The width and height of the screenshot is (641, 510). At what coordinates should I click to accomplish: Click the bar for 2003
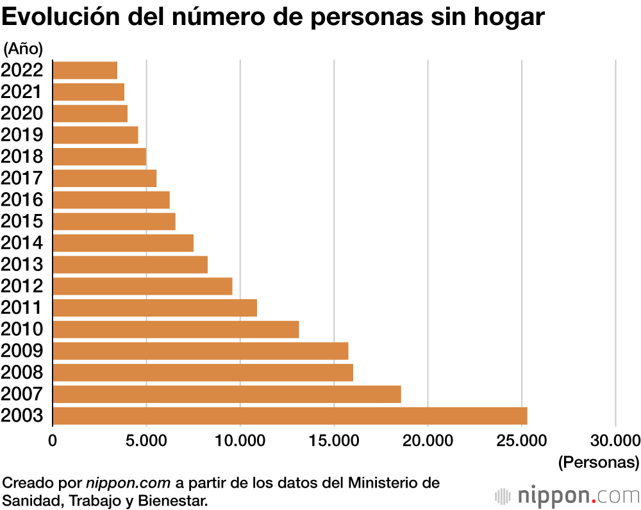coord(290,416)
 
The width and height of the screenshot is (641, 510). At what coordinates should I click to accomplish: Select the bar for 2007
coord(226,394)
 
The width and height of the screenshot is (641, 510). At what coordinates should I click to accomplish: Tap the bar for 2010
coord(176,329)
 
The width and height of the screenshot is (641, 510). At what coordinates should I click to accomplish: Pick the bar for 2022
coord(85,70)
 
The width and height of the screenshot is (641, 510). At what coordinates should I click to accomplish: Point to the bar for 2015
coord(113,221)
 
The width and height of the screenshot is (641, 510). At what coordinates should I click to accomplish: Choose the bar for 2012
coord(142,286)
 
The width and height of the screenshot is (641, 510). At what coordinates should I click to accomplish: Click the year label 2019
coord(22,135)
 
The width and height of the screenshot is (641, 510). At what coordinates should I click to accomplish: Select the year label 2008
coord(22,372)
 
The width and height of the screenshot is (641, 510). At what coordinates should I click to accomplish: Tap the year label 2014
coord(22,243)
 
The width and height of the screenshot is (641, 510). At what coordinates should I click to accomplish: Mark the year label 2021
coord(22,92)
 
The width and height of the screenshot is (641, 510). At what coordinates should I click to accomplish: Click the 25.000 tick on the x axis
coord(521,441)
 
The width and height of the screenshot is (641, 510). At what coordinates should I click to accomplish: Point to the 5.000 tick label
coord(146,441)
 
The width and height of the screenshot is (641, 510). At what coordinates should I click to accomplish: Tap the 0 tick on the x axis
coord(53,441)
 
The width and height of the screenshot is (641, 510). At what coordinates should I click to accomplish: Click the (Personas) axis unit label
coord(599,461)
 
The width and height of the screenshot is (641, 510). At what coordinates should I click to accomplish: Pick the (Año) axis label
coord(24,48)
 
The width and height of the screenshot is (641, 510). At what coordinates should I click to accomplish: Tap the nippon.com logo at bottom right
coord(568,496)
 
